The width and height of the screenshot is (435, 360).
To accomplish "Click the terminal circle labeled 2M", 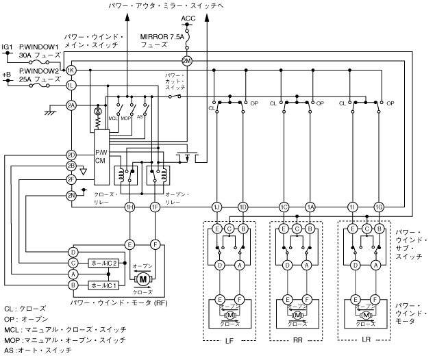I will (x=187, y=61).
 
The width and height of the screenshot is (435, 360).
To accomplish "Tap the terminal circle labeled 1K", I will (x=71, y=70).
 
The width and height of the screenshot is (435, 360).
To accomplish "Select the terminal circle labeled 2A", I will (x=71, y=105).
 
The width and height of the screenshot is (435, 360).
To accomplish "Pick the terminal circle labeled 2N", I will (x=71, y=196).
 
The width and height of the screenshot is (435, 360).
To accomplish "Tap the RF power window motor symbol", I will (x=143, y=279).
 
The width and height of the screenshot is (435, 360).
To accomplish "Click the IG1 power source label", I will (x=8, y=47).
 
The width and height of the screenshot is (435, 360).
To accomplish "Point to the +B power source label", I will (x=7, y=73).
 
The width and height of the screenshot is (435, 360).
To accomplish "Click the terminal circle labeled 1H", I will (x=129, y=207).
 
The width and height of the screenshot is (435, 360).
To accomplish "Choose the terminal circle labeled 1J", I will (x=216, y=207).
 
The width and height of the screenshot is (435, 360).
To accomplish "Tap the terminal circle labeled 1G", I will (x=379, y=207).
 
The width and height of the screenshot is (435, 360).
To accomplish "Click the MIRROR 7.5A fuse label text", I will (x=162, y=40).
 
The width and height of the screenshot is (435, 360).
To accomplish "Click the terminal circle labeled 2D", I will (x=71, y=155).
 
